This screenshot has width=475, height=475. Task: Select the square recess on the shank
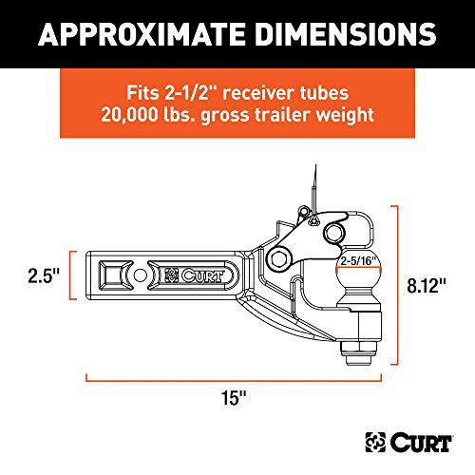pos(112,275)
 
